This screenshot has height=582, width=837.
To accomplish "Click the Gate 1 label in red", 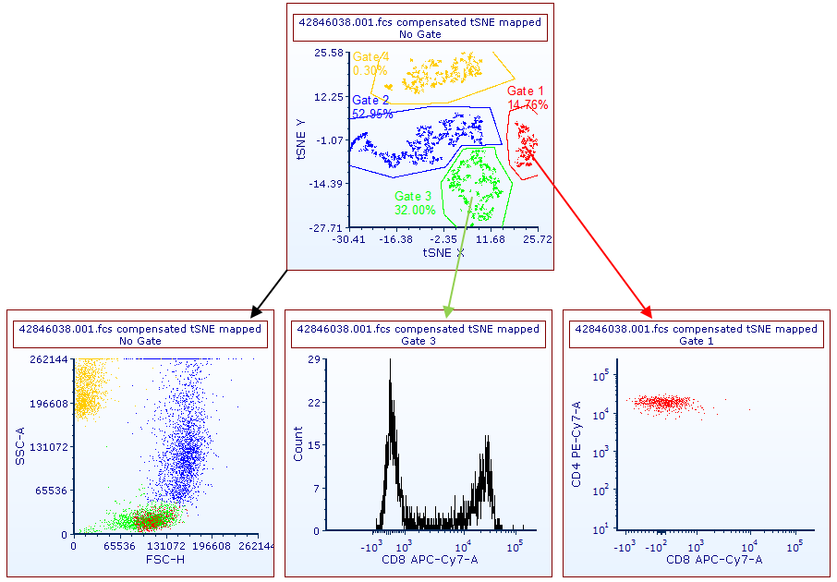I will click(x=526, y=91).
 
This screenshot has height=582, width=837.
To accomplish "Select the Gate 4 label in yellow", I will click(x=370, y=57).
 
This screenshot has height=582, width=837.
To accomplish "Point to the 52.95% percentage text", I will click(x=372, y=114).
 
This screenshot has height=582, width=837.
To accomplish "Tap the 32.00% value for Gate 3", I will click(x=415, y=210).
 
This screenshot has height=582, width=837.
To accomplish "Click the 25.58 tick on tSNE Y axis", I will click(x=329, y=53).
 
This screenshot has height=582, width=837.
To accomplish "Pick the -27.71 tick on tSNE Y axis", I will click(x=327, y=227).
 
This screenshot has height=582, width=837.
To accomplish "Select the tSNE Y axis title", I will click(x=301, y=139).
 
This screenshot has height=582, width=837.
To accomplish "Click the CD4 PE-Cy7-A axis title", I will click(x=576, y=444).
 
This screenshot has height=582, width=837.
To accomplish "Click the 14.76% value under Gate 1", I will click(x=528, y=104).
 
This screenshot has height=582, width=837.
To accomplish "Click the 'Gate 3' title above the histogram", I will click(x=419, y=341).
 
